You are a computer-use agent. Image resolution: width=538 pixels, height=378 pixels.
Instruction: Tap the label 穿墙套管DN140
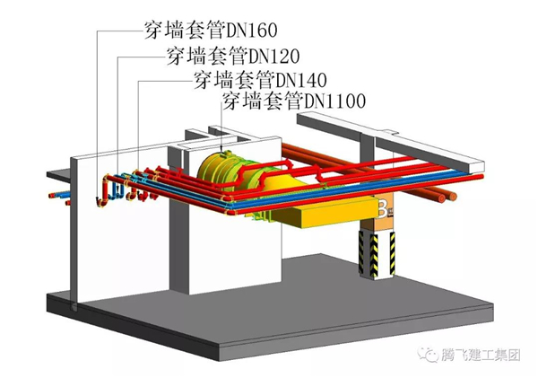258,78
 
